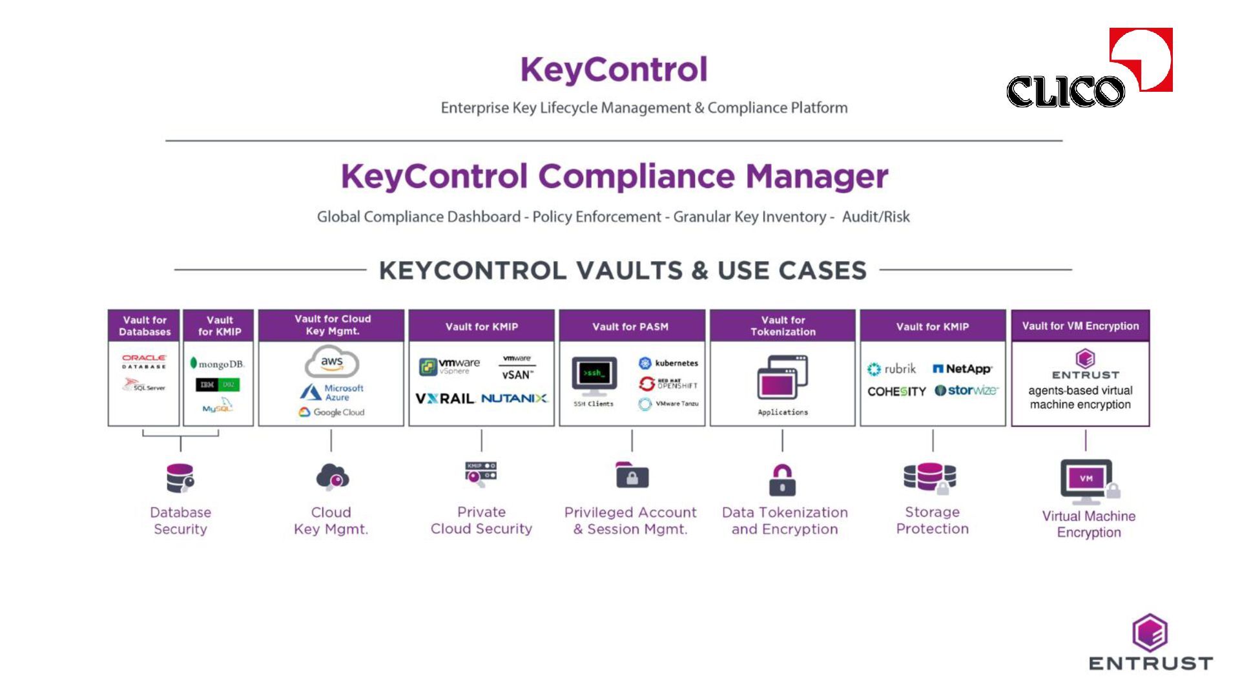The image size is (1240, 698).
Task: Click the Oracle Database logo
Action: click(144, 361)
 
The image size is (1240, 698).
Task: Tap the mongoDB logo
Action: click(217, 364)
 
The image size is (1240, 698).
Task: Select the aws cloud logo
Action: click(332, 362)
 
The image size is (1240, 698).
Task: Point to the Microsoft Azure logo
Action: click(332, 392)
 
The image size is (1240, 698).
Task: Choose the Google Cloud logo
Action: click(332, 412)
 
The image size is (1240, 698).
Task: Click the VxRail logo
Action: click(445, 399)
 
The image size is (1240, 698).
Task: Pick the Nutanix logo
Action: click(514, 399)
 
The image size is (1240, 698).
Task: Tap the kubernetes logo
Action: click(668, 363)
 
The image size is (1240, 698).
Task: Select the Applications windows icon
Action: click(782, 377)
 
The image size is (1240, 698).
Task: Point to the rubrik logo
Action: click(892, 369)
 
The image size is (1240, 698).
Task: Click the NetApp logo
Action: click(962, 369)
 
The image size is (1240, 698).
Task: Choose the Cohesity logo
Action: click(896, 392)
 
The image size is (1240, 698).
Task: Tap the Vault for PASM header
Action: click(631, 326)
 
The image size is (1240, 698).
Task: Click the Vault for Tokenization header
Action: click(783, 326)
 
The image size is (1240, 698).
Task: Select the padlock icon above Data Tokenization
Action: click(782, 480)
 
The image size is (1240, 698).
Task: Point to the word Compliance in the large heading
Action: click(636, 176)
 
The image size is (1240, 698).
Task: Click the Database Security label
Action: click(180, 521)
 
